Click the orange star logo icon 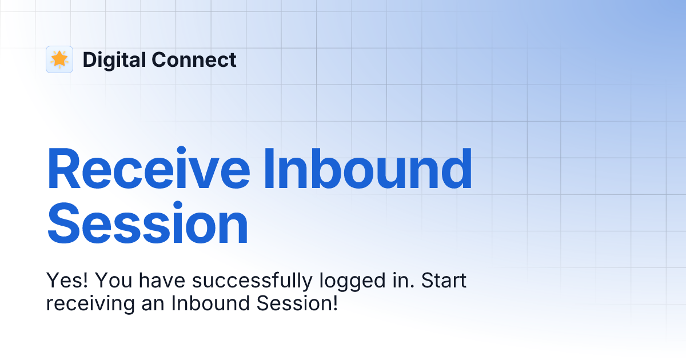point(59,59)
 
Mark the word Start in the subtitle point(444,281)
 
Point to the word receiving point(89,304)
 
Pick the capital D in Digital point(90,59)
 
